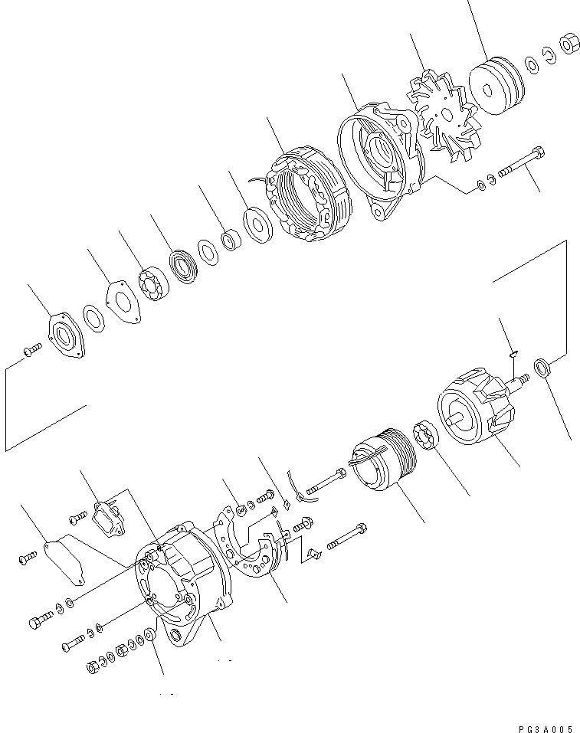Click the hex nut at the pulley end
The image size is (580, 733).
[x=569, y=44]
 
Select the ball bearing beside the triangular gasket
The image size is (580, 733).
[x=154, y=284]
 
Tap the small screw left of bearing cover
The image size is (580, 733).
[x=31, y=350]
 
